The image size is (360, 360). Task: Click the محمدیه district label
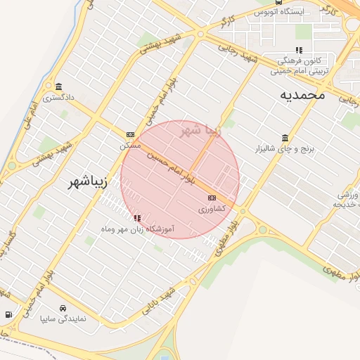click(302, 94)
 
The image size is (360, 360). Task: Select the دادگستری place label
click(58, 98)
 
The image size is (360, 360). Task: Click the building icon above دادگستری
click(58, 87)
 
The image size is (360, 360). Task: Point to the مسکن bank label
click(130, 145)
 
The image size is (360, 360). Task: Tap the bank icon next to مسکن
click(130, 134)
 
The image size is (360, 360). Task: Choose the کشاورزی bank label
click(211, 210)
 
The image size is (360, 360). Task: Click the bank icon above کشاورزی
click(211, 199)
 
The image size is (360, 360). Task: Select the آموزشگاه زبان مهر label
click(138, 229)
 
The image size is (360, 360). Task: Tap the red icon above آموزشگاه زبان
click(136, 219)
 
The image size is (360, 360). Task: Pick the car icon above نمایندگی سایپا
click(63, 308)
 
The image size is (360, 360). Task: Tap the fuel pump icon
click(8, 314)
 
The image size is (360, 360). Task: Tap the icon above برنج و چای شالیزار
click(284, 138)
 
